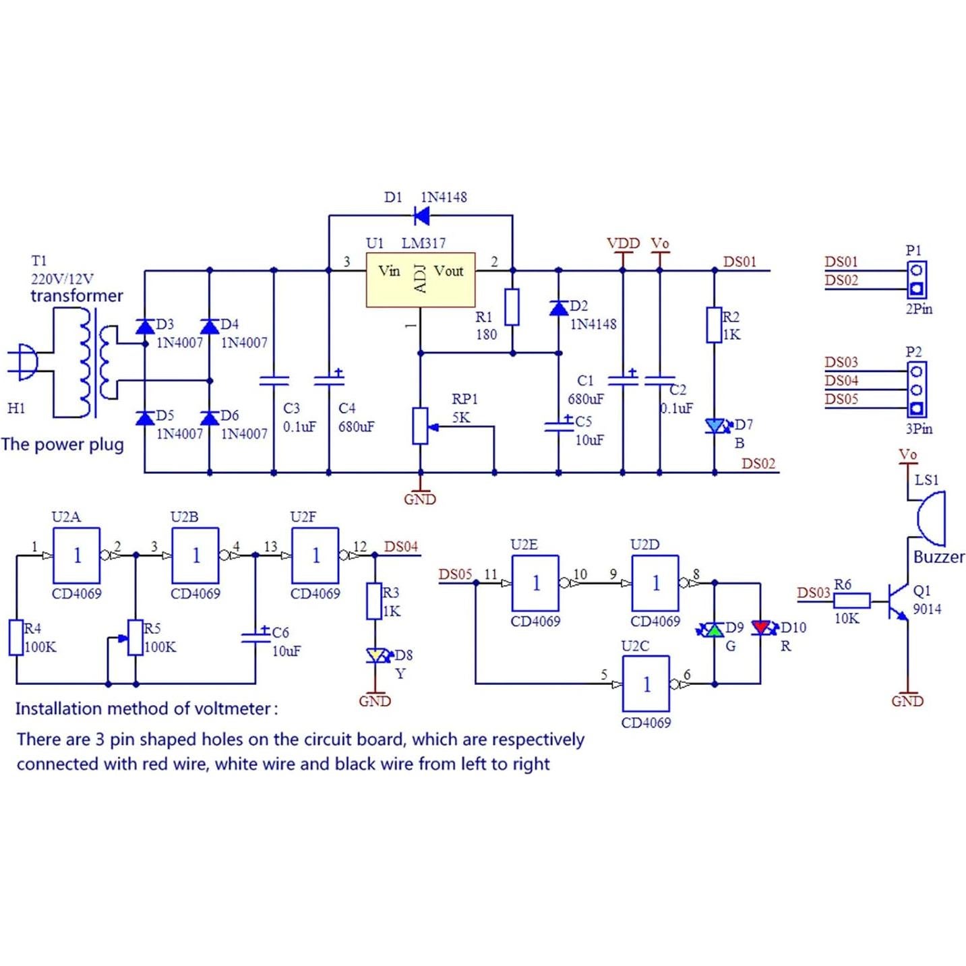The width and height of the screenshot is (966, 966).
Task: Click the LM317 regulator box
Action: click(x=420, y=280)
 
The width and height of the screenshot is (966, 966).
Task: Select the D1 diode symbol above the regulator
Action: click(x=421, y=216)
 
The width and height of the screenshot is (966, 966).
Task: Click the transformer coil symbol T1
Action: click(x=94, y=363)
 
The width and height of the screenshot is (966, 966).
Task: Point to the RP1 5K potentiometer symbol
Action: click(x=420, y=426)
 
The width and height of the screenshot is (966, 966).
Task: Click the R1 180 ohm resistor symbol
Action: click(x=512, y=307)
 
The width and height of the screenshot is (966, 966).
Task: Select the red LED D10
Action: click(x=760, y=628)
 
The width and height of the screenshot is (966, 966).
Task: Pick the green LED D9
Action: click(x=714, y=630)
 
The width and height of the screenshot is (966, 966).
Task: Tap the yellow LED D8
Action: click(x=375, y=655)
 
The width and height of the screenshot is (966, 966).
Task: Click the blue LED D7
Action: click(x=715, y=426)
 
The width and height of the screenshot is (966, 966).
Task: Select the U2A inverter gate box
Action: click(x=77, y=555)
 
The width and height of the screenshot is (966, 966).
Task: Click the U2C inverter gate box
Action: click(x=646, y=684)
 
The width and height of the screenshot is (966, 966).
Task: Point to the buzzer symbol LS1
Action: click(x=932, y=518)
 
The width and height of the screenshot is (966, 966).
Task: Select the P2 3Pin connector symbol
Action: click(x=916, y=390)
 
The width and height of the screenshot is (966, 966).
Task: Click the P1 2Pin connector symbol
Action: click(x=916, y=280)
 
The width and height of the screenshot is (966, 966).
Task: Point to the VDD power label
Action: click(x=623, y=243)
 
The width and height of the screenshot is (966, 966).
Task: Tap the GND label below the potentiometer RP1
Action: click(x=420, y=500)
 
